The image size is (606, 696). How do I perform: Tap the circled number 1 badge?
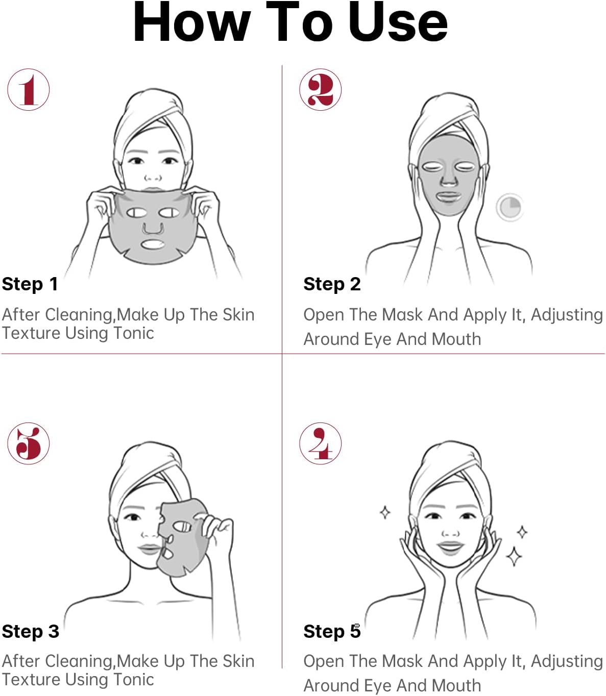(x=28, y=89)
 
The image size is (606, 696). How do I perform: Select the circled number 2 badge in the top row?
(x=320, y=89)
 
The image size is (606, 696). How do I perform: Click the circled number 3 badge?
(x=28, y=443)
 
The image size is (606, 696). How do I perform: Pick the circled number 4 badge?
(x=320, y=443)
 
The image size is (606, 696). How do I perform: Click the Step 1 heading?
(x=30, y=284)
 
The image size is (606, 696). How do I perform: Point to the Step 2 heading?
(x=332, y=284)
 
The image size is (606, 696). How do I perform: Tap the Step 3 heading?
(x=30, y=631)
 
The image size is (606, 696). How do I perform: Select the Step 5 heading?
(x=332, y=631)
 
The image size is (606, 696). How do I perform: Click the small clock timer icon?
(x=510, y=207)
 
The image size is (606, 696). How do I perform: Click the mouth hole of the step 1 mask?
(x=153, y=244)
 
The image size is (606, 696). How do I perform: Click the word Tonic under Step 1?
(x=134, y=333)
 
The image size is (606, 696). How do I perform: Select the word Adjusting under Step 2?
(x=567, y=315)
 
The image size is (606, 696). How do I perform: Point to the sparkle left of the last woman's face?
(x=385, y=512)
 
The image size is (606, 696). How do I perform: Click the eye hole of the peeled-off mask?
(x=182, y=527)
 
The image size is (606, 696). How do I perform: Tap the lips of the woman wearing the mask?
(x=448, y=196)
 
